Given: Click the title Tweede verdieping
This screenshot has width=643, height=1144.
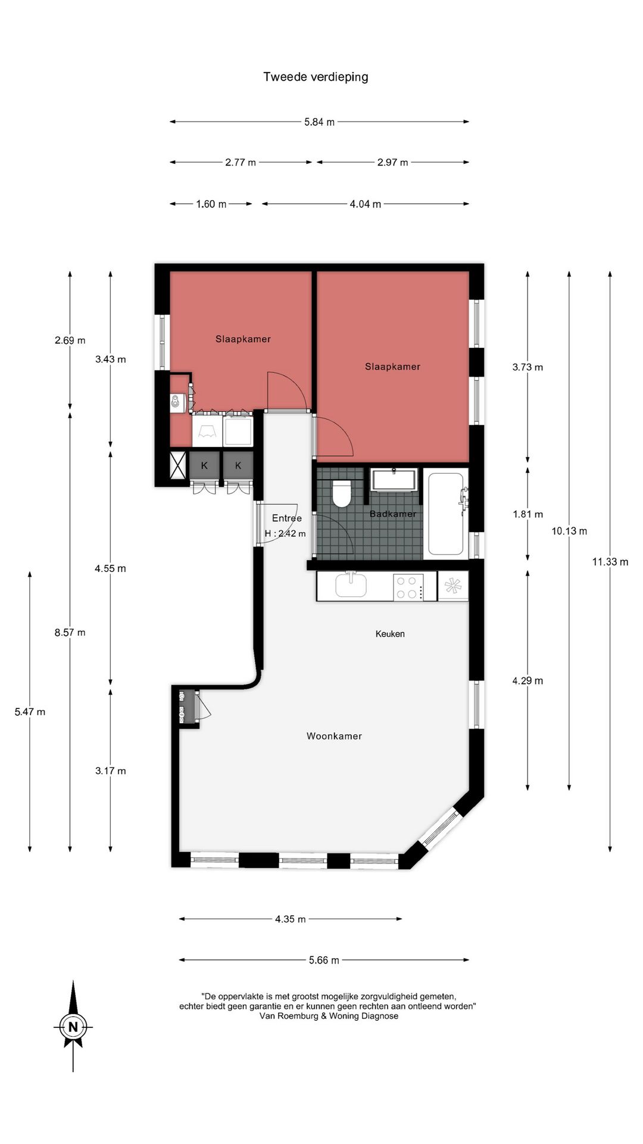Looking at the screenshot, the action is click(x=316, y=77).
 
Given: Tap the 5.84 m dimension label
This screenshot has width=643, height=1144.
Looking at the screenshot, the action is click(x=319, y=122).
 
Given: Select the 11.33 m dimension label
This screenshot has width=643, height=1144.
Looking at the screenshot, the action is click(x=610, y=562).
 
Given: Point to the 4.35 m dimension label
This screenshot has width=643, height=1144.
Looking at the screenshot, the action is click(x=290, y=919).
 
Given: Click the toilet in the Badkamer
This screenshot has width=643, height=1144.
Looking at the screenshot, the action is click(x=342, y=493).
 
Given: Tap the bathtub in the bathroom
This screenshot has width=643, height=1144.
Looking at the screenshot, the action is click(x=446, y=514).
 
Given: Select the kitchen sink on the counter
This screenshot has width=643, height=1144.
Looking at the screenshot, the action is click(x=351, y=585).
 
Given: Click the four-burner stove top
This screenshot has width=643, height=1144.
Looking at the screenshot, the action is click(x=408, y=587).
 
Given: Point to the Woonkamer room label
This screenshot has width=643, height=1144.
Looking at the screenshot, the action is click(x=334, y=736).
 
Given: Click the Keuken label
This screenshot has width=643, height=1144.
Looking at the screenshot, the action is click(x=390, y=634).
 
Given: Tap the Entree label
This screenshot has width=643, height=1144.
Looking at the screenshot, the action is click(x=287, y=518).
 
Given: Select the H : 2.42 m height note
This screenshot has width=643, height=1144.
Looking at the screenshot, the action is click(x=285, y=534).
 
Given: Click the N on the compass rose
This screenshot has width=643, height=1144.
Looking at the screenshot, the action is click(x=73, y=1027).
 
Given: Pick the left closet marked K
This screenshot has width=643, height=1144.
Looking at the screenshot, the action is click(x=205, y=466).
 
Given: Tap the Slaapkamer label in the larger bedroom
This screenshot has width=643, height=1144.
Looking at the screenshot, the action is click(x=392, y=367).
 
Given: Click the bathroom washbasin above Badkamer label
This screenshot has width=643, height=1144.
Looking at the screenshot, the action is click(x=394, y=480).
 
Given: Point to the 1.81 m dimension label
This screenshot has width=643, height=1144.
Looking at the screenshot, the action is click(x=527, y=514).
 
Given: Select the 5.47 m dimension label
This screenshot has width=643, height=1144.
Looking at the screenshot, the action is click(x=30, y=712).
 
